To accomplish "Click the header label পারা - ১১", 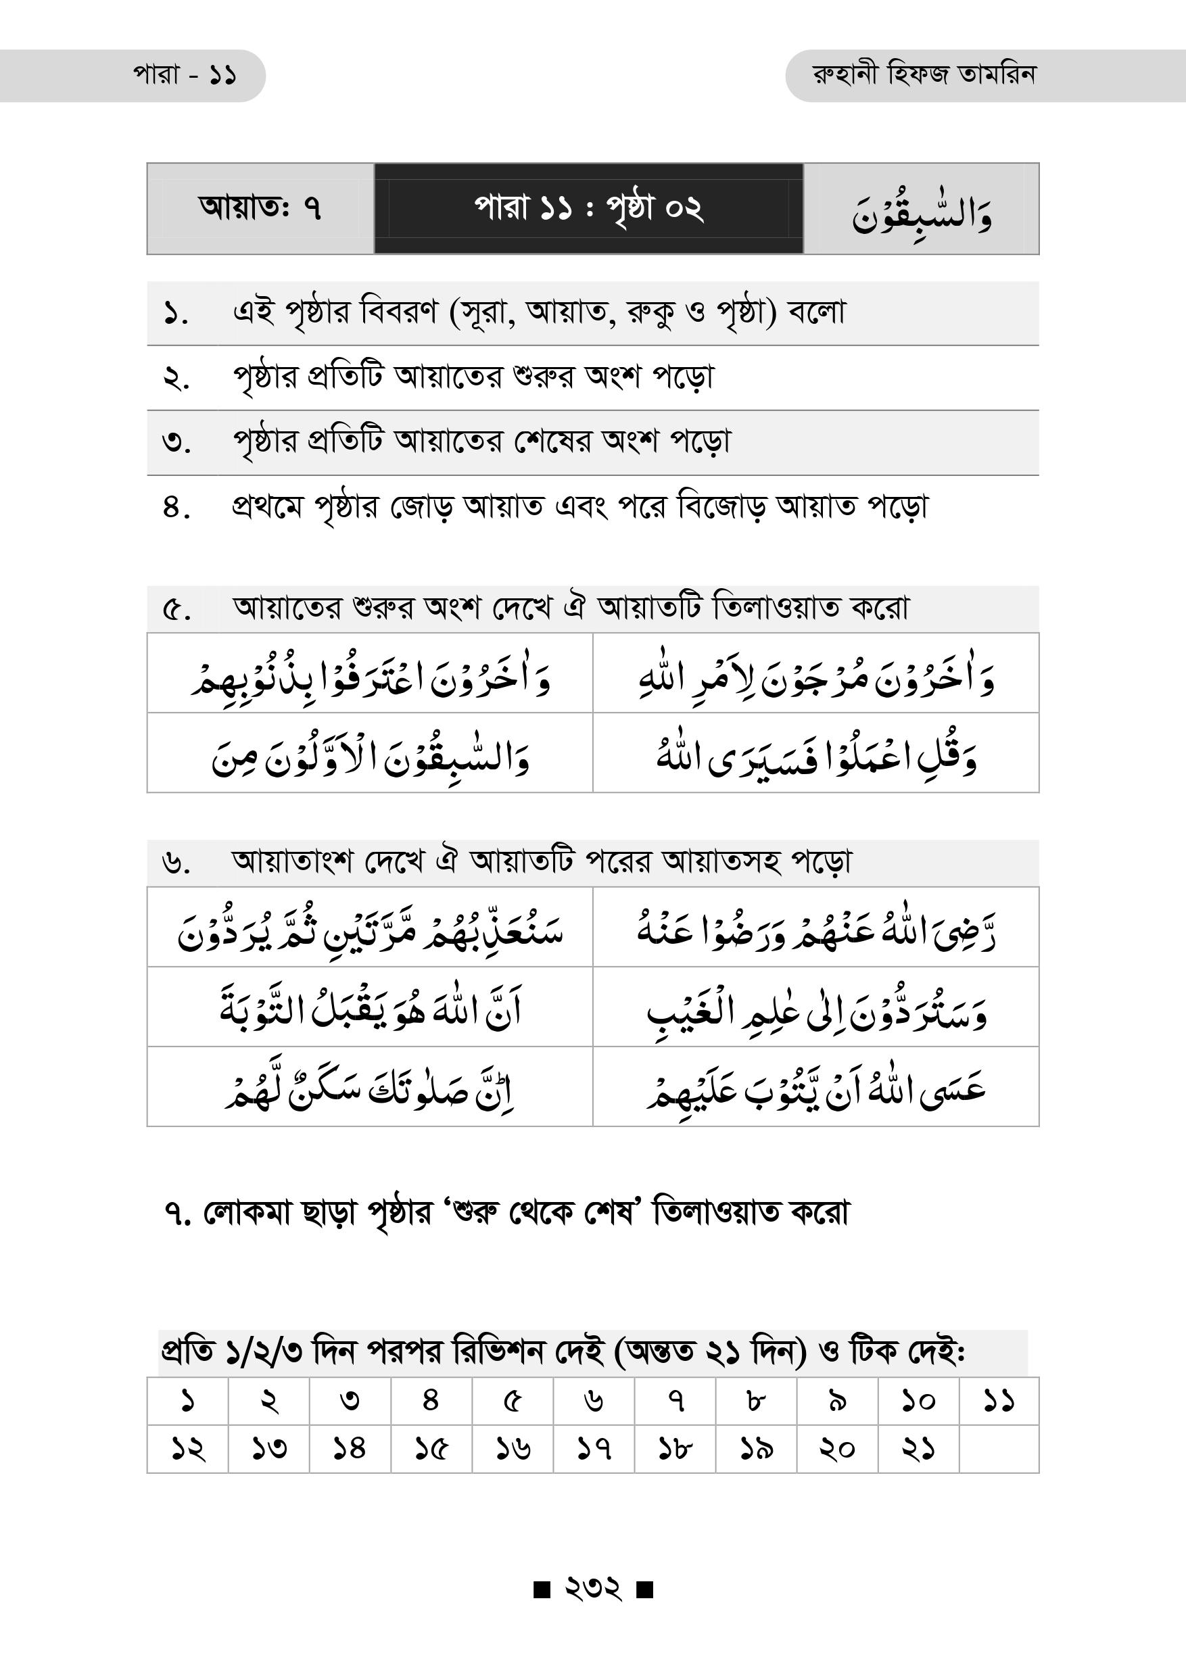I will click(x=184, y=75).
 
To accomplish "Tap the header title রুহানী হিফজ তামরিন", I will click(x=924, y=74).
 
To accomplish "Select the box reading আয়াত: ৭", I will click(x=260, y=208).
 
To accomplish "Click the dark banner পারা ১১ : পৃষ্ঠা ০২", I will click(x=588, y=208).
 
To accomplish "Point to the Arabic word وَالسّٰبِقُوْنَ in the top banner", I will click(x=922, y=212).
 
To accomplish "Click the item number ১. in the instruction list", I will click(x=175, y=314).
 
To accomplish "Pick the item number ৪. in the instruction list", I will click(x=176, y=507).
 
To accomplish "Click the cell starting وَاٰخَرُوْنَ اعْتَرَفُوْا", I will click(x=370, y=674).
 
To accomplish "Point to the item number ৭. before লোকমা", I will click(x=178, y=1214).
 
